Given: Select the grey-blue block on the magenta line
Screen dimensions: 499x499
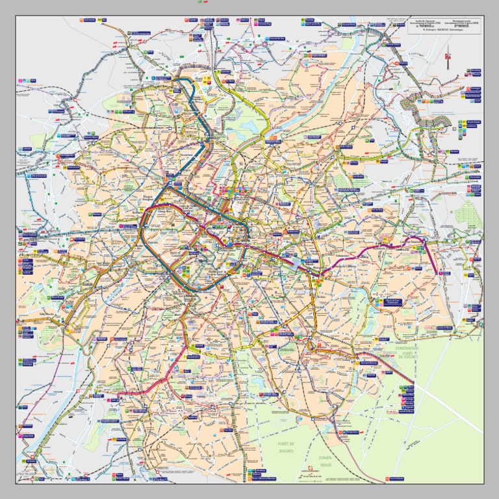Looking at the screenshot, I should [x=297, y=263].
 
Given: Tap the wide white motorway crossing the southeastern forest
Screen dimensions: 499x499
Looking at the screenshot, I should [x=448, y=406].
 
